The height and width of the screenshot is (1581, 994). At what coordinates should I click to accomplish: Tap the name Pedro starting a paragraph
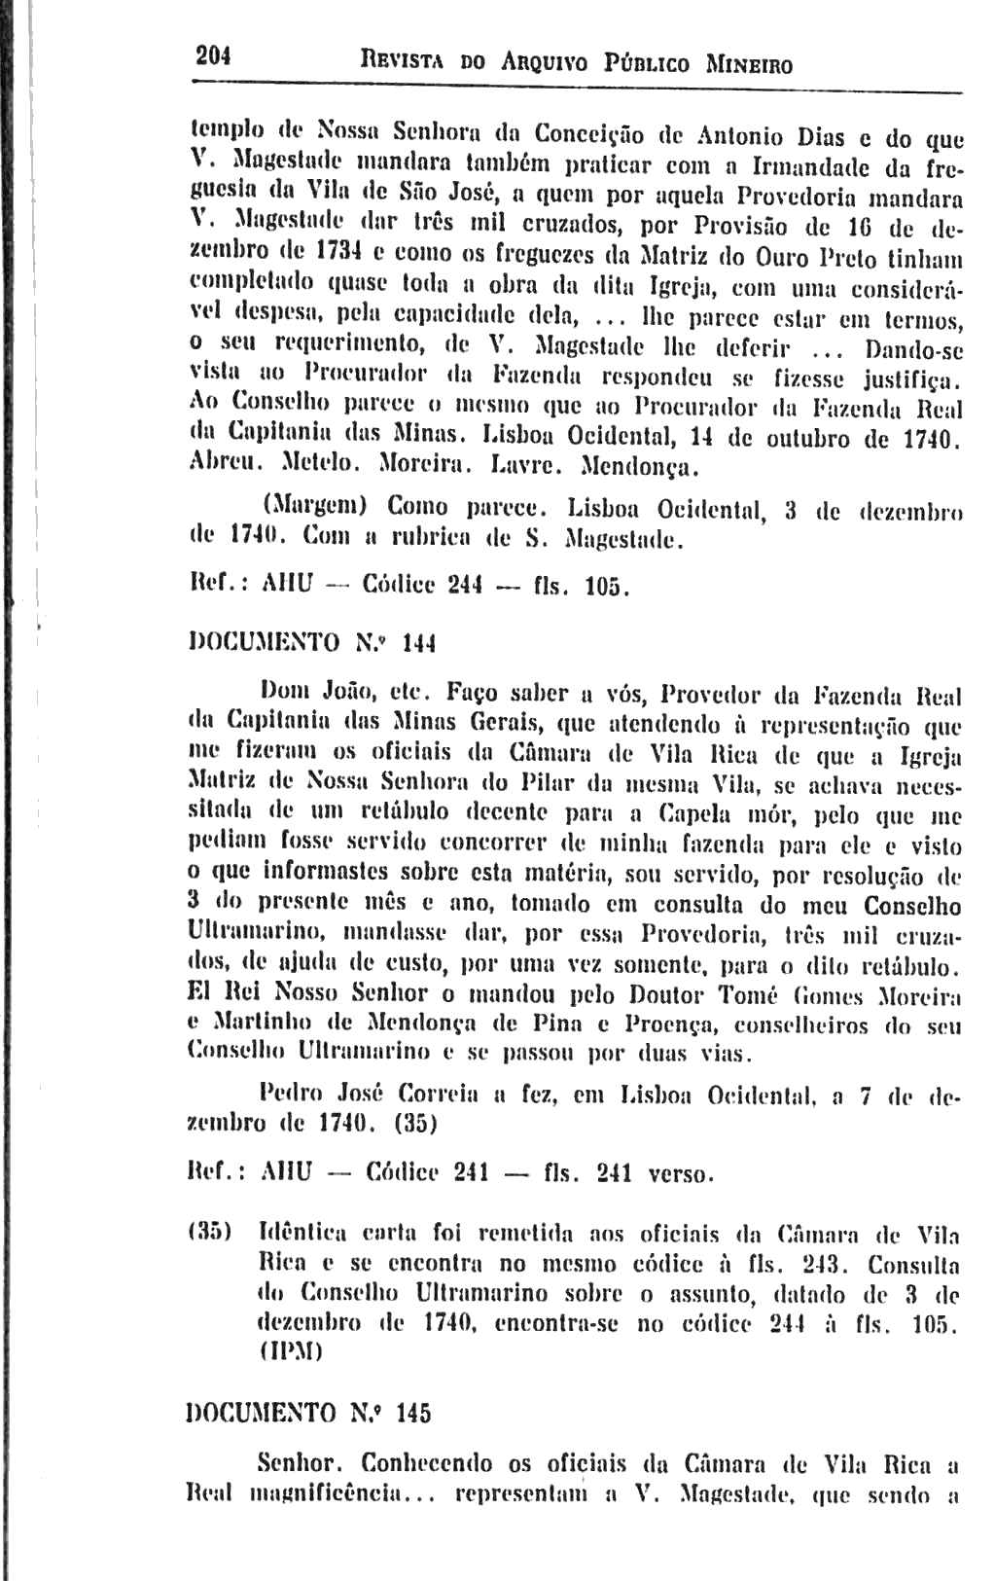(x=291, y=1096)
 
